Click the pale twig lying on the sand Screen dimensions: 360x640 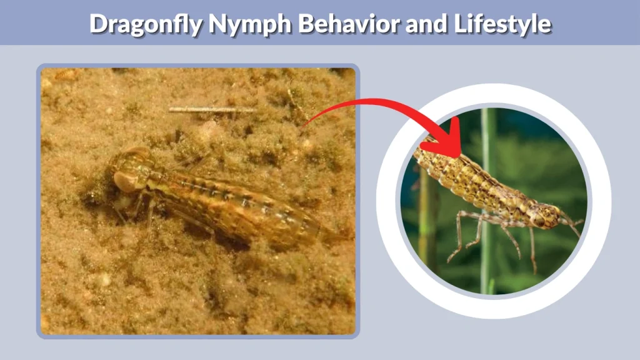coord(212,110)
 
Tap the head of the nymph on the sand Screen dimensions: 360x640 coord(132,172)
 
